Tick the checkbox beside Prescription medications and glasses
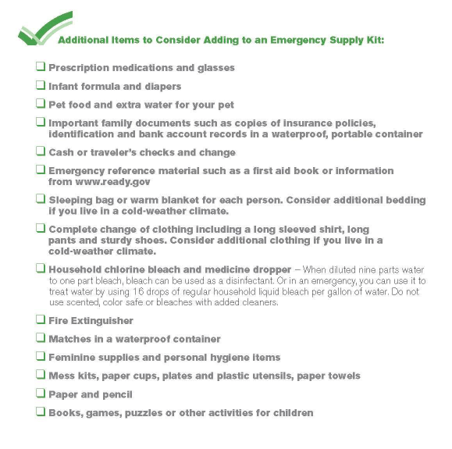coord(40,67)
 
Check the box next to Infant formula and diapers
coord(40,86)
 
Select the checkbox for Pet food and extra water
coord(40,104)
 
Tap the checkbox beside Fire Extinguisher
coord(40,320)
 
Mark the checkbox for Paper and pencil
coord(40,394)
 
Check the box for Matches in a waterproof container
coord(40,339)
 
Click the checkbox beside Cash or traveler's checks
coord(40,152)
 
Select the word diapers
coord(158,87)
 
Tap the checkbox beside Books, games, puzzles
coord(40,412)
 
